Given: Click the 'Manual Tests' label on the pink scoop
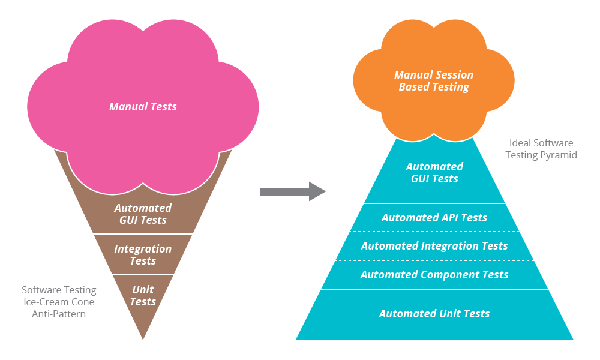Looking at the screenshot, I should pos(143,107).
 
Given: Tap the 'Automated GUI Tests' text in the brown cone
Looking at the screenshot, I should pos(143,214).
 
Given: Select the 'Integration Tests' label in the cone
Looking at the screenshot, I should pos(143,255).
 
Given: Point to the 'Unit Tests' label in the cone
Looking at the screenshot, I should pos(143,296).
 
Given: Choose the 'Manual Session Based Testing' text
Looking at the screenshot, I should pos(434,81).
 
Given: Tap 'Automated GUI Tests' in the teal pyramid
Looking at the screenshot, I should pos(434,173).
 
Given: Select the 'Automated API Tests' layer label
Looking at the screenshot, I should pos(434,218).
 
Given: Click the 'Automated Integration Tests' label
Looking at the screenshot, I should pos(434,246).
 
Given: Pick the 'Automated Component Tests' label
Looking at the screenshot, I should pos(434,275).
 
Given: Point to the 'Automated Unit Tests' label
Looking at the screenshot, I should pos(434,314).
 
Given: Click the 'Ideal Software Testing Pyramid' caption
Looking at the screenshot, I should pos(541,149).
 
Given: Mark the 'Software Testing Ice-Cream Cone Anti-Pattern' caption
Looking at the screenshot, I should pos(58,301).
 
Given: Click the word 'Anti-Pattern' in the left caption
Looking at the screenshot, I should pos(59,314).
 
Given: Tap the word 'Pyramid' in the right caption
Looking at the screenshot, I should pos(557,155).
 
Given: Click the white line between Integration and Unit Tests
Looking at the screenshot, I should pos(143,275).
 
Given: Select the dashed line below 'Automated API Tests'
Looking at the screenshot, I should pos(434,232).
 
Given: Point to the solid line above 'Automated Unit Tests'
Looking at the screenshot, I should pos(434,289).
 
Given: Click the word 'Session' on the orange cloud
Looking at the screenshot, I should pos(455,75).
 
